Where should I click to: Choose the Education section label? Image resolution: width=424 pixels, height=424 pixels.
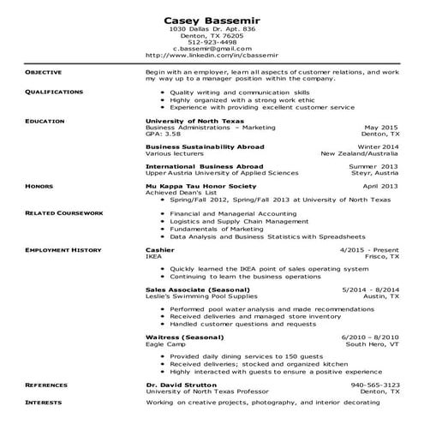click(44, 121)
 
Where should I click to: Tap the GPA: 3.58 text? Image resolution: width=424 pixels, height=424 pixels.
click(164, 134)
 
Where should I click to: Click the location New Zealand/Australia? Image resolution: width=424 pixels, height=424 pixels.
click(360, 153)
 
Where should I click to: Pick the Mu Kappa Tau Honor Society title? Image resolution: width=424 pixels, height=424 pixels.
click(200, 185)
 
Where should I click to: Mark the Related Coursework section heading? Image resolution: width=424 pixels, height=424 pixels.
click(64, 212)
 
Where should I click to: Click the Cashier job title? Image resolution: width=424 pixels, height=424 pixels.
click(160, 249)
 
